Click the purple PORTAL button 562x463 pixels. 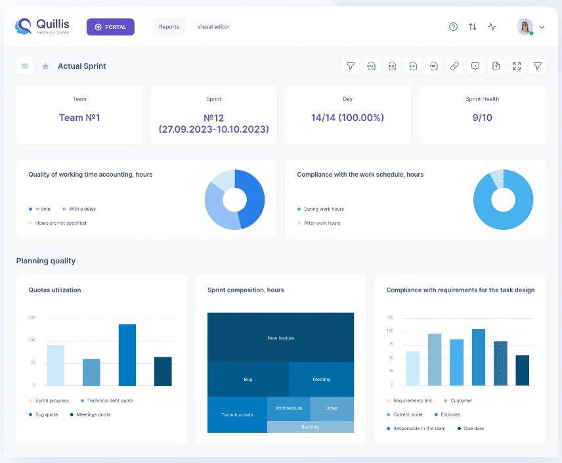[110, 27]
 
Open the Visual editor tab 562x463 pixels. [213, 27]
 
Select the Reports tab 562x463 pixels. [169, 27]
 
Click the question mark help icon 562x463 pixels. [453, 27]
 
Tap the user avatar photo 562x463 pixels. [525, 27]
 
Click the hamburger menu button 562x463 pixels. [24, 66]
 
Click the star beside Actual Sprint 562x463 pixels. [45, 66]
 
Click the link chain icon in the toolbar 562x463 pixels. [454, 66]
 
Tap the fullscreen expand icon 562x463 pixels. [517, 66]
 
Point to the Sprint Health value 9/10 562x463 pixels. [482, 118]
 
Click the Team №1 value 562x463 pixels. [79, 118]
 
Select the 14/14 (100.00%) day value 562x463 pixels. [347, 118]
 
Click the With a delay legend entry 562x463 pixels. [82, 209]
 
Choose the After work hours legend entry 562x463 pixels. [322, 223]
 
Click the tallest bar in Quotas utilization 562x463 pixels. [127, 355]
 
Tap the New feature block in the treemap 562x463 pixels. [281, 338]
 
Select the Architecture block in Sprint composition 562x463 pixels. [289, 408]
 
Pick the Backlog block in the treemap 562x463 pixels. [310, 427]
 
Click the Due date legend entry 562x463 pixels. [473, 428]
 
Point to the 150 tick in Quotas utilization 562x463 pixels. [32, 317]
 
